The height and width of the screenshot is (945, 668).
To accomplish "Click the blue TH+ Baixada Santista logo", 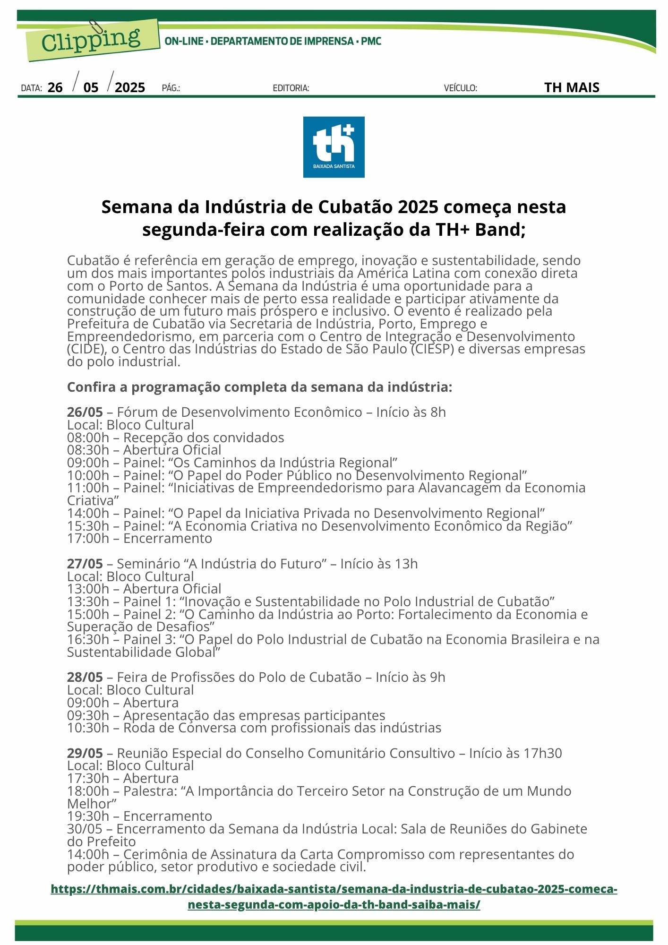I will (x=334, y=147).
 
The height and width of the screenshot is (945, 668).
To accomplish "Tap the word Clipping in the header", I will (x=91, y=40).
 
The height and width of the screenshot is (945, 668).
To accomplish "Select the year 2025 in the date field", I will (x=130, y=87).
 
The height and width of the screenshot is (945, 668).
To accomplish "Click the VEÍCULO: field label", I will (x=460, y=88).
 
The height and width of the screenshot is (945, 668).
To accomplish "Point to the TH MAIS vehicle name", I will (x=572, y=87).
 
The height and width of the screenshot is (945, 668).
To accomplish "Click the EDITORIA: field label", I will (x=291, y=88).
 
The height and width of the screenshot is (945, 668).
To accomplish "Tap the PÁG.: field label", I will (x=171, y=88).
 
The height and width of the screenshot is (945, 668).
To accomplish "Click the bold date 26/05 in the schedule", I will (x=85, y=412).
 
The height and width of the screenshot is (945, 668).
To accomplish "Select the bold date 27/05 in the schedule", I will (x=85, y=564).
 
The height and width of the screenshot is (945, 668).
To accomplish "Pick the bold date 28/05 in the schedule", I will (x=85, y=678).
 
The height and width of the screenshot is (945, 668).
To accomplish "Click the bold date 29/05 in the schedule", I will (x=85, y=753).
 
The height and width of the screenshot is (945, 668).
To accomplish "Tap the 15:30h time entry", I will (x=88, y=526).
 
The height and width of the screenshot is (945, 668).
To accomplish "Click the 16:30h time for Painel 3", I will (x=88, y=640).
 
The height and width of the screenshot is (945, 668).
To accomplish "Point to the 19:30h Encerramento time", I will (x=88, y=816).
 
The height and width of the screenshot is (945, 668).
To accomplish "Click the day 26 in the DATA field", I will (x=55, y=87).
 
